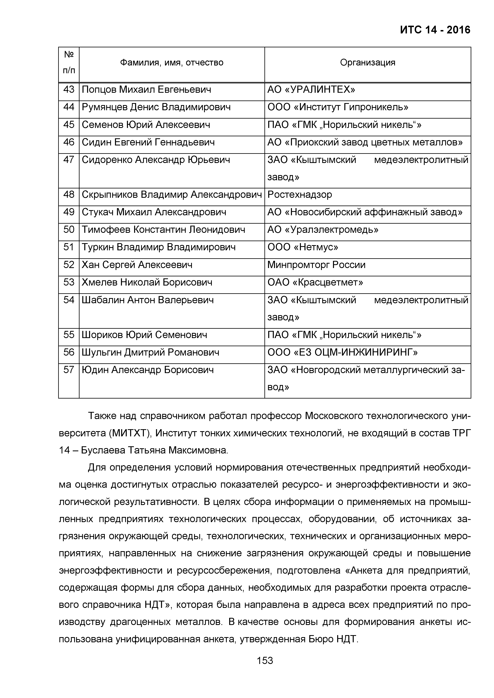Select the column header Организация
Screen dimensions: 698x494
[367, 63]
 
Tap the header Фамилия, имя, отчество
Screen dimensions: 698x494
[172, 63]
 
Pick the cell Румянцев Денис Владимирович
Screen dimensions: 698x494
[156, 107]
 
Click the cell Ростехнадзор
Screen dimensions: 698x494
[300, 195]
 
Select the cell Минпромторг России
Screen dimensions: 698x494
[316, 265]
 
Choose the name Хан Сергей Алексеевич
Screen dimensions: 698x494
[137, 265]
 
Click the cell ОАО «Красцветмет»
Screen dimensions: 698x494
[315, 282]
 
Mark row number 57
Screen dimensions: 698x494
[69, 370]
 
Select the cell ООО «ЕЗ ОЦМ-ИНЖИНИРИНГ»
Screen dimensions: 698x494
[342, 352]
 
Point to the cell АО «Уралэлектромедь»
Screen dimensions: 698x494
[323, 230]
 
